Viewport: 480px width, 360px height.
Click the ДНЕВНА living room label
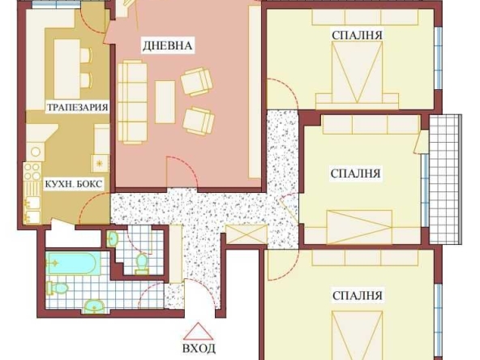(x=167, y=45)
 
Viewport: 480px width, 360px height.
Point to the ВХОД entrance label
(x=199, y=349)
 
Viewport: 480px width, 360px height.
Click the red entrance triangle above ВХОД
(x=199, y=332)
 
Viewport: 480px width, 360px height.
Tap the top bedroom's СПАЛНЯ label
(x=357, y=34)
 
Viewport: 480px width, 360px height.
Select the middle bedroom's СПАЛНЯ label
(x=356, y=173)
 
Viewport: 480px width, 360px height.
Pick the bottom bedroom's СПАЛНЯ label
(x=357, y=295)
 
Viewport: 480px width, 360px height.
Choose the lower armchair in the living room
(x=198, y=120)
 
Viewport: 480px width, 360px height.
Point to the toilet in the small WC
(x=142, y=263)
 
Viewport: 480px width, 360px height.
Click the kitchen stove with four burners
(x=32, y=173)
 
